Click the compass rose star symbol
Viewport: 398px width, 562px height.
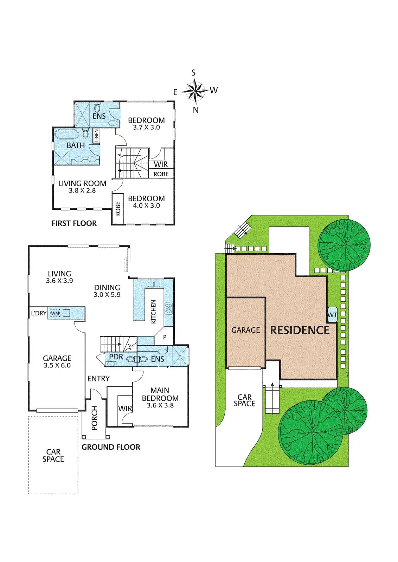click(194, 91)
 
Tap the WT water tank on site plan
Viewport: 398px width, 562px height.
click(332, 315)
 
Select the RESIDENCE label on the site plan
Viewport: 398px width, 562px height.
click(300, 330)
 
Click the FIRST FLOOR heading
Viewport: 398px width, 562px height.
click(74, 223)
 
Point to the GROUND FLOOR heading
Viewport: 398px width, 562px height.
click(111, 447)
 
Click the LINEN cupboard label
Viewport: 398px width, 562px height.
click(96, 136)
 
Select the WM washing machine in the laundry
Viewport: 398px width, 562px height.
click(55, 313)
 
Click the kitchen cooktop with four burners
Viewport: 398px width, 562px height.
click(168, 308)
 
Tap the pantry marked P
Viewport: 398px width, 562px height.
click(165, 337)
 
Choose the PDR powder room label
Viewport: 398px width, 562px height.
click(116, 357)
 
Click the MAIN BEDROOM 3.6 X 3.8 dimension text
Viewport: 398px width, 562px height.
click(160, 405)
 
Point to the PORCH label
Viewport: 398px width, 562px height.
click(94, 418)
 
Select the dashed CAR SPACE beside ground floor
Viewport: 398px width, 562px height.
click(53, 455)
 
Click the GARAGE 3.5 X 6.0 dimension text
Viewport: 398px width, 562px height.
click(57, 366)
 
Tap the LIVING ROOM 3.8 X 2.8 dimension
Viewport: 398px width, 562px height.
click(82, 191)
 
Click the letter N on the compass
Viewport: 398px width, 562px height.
click(195, 110)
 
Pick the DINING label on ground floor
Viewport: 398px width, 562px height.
click(107, 288)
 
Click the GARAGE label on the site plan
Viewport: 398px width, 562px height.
click(245, 330)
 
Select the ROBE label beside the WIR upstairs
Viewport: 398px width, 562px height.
click(161, 174)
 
